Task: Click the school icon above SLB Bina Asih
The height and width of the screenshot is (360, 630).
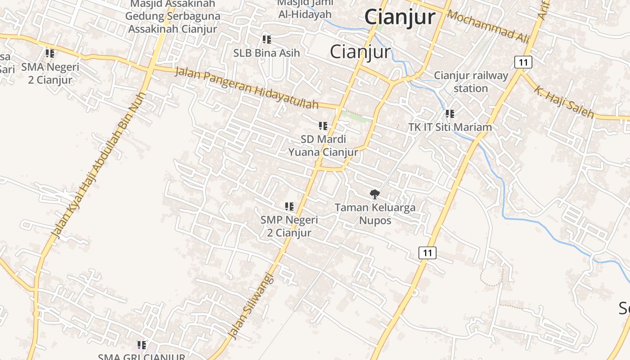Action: [266, 40]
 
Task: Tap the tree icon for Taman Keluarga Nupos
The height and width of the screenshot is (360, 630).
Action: [374, 194]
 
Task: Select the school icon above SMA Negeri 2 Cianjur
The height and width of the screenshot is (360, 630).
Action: [50, 54]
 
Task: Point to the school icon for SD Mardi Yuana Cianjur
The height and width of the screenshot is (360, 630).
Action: [323, 126]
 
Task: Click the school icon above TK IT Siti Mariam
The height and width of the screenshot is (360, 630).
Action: [450, 114]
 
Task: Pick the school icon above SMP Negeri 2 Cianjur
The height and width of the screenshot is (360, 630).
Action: [289, 207]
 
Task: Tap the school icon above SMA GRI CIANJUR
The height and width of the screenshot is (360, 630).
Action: [142, 345]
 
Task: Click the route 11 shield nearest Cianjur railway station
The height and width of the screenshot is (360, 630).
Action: [523, 62]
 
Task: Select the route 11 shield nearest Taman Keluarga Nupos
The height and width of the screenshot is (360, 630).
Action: [427, 253]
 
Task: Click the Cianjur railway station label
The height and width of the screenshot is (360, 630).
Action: [471, 82]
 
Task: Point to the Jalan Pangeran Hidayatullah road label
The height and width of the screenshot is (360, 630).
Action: [247, 88]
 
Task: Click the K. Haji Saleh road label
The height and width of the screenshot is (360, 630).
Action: [564, 102]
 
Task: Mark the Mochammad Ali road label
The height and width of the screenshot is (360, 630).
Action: [488, 27]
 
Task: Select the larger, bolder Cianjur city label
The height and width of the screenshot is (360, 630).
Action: [400, 17]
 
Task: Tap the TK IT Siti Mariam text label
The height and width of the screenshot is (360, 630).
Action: [450, 127]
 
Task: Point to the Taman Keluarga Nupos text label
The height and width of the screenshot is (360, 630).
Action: [375, 214]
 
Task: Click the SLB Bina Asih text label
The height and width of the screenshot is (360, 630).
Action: [266, 53]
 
